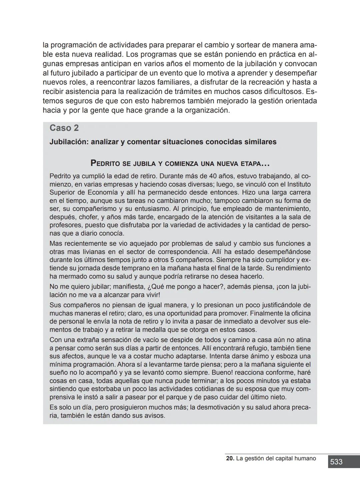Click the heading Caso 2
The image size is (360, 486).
[64, 128]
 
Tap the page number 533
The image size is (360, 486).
[336, 462]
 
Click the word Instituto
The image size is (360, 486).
[299, 184]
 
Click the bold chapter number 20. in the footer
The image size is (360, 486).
[230, 458]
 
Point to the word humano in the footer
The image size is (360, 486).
[305, 458]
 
